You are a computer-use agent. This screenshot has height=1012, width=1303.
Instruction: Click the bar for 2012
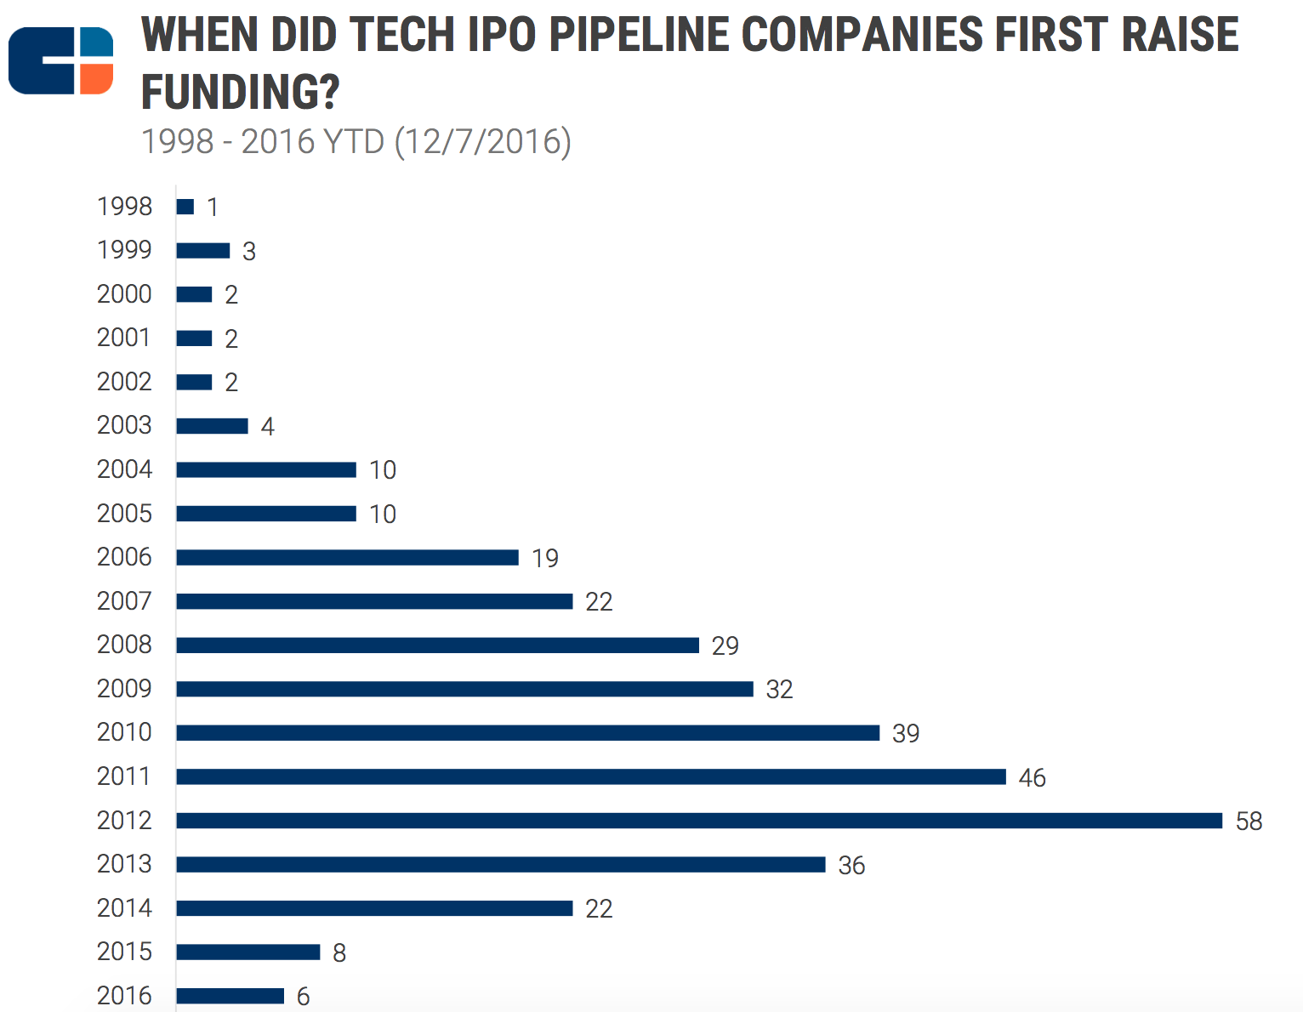[x=699, y=821]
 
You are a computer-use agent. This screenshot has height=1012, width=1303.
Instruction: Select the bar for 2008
[x=437, y=645]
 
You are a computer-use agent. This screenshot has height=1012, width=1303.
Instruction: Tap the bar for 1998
[x=185, y=207]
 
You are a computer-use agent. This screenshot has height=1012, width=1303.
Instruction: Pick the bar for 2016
[x=230, y=996]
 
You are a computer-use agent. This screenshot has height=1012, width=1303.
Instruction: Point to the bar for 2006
[x=347, y=558]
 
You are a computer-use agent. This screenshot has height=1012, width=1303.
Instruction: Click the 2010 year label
[x=124, y=732]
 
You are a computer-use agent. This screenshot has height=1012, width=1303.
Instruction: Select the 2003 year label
[x=124, y=425]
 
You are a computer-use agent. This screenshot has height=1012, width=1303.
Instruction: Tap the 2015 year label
[x=124, y=952]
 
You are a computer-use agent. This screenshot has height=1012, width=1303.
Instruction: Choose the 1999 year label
[x=124, y=250]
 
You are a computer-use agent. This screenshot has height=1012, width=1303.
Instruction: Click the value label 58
[x=1249, y=822]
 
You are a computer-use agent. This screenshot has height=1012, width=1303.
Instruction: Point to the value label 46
[x=1032, y=778]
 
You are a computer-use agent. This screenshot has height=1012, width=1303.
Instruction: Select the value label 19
[x=545, y=559]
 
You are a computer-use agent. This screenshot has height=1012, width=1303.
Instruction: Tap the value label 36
[x=851, y=866]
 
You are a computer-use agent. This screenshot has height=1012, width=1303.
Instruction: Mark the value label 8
[x=339, y=953]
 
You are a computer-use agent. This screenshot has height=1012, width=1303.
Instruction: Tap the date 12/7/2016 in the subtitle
[x=483, y=141]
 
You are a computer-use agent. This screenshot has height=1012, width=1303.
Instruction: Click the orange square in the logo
[x=96, y=78]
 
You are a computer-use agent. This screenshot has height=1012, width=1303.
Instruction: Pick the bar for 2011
[x=591, y=776]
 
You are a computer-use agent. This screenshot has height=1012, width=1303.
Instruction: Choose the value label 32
[x=779, y=690]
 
